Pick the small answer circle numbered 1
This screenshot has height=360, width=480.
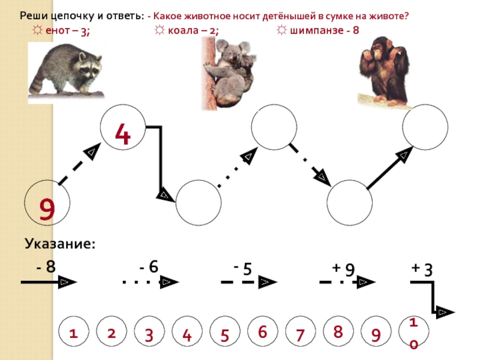74,334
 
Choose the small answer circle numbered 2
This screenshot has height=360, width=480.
111,334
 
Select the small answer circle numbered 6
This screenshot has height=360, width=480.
262,332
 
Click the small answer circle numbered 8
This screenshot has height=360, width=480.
338,332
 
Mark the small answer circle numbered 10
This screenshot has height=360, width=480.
413,334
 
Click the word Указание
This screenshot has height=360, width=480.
60,244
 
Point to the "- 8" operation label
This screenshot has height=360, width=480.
46,266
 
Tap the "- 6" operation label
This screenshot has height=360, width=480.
148,266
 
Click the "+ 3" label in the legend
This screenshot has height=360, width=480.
422,269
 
